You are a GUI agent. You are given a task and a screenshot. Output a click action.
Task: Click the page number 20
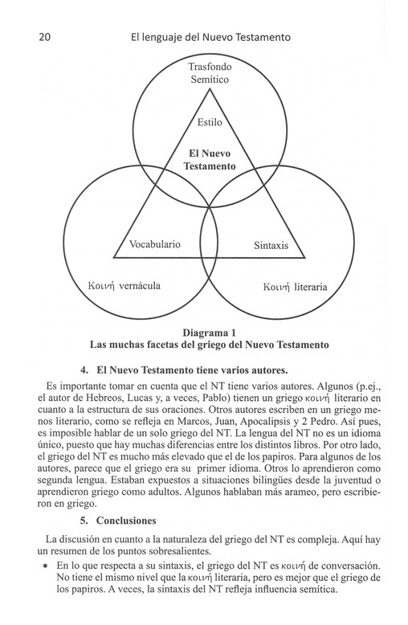point(45,38)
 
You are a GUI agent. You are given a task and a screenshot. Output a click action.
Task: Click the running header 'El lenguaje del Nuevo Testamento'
point(210,38)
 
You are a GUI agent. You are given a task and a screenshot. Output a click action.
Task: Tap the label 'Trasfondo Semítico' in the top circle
point(210,73)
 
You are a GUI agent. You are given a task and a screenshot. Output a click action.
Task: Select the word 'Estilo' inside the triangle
point(210,122)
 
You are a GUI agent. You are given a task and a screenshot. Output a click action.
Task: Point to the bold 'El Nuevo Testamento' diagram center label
point(210,159)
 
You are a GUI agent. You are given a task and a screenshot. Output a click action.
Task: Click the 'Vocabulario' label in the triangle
point(154,244)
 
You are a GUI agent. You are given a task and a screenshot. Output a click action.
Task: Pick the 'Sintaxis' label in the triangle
point(271,245)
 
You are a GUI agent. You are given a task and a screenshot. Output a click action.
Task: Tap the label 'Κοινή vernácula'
point(124,286)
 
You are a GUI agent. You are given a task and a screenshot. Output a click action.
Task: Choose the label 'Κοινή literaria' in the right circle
point(296,287)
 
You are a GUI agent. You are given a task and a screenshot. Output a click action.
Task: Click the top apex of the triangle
point(210,88)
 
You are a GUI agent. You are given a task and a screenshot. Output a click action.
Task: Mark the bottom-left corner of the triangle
point(114,258)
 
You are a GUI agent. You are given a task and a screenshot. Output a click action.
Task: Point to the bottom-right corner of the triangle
point(305,258)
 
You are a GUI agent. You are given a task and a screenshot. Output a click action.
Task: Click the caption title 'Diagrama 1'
point(210,333)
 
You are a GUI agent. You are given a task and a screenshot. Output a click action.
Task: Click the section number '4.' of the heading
point(84,370)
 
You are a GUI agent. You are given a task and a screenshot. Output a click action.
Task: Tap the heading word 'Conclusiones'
point(126,521)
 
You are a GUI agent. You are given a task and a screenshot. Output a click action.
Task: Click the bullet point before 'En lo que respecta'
point(47,566)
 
